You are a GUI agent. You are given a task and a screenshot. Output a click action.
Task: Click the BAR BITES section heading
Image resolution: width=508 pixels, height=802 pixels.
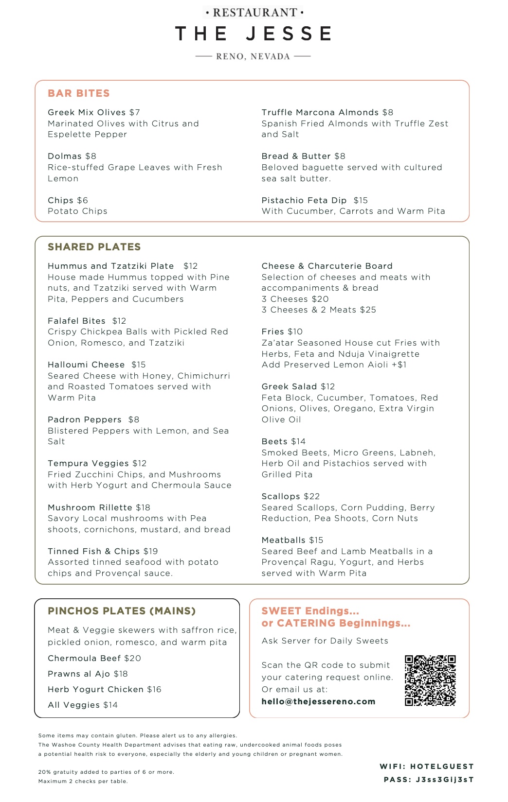(79, 93)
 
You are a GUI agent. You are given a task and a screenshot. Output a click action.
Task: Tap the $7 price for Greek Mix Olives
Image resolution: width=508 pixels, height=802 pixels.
(135, 112)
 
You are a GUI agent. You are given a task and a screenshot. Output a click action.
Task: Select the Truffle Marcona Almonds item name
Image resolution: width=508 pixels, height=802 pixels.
(320, 112)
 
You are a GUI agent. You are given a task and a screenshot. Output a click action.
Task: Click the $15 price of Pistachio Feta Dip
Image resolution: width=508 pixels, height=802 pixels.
(361, 200)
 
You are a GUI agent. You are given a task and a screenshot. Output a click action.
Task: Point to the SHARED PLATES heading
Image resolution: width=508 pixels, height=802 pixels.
(94, 247)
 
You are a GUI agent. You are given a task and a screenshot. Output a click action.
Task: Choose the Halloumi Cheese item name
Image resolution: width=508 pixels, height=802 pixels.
(86, 365)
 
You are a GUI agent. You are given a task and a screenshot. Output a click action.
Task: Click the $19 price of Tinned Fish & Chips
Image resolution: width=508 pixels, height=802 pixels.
(150, 551)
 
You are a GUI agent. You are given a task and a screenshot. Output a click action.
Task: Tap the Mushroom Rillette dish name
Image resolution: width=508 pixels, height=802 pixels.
(90, 507)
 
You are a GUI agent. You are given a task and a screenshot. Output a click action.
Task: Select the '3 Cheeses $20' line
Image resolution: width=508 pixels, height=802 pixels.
(295, 299)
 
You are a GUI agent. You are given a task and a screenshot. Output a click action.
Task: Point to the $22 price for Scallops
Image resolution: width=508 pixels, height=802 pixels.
(311, 496)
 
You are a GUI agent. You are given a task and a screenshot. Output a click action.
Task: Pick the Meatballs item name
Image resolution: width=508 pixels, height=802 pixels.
(283, 540)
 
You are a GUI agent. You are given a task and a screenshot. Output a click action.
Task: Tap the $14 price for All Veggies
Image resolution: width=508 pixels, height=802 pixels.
(110, 705)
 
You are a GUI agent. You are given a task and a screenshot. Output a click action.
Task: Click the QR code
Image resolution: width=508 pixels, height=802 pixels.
(430, 680)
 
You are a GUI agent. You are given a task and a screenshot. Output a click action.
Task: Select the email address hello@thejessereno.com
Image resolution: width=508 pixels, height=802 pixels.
(318, 701)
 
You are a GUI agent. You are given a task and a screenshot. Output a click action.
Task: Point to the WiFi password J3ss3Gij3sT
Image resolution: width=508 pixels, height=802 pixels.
(444, 780)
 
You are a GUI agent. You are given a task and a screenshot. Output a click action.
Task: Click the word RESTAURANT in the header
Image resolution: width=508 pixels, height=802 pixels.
(254, 13)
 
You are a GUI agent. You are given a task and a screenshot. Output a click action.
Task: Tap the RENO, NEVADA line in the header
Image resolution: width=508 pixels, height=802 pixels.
(253, 56)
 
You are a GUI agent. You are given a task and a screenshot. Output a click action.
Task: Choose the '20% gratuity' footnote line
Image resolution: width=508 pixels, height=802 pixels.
(106, 772)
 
